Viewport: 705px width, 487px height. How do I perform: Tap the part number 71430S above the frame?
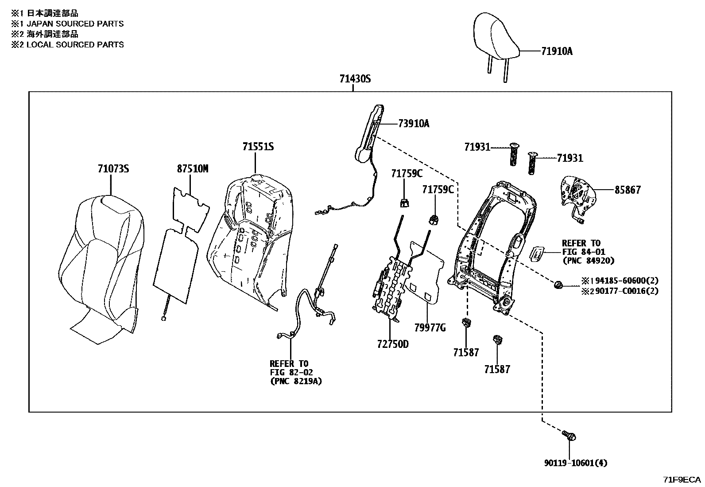[x=355, y=79]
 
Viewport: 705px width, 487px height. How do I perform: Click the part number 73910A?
[x=414, y=124]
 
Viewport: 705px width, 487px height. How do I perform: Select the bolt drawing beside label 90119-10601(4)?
[x=570, y=436]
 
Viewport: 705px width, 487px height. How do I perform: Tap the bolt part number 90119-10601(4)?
[x=576, y=463]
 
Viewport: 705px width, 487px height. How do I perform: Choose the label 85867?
[x=627, y=190]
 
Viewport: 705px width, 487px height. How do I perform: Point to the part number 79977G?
[x=430, y=327]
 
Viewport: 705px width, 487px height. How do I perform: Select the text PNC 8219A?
[x=295, y=381]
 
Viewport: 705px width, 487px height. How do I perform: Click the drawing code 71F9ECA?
[x=682, y=479]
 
